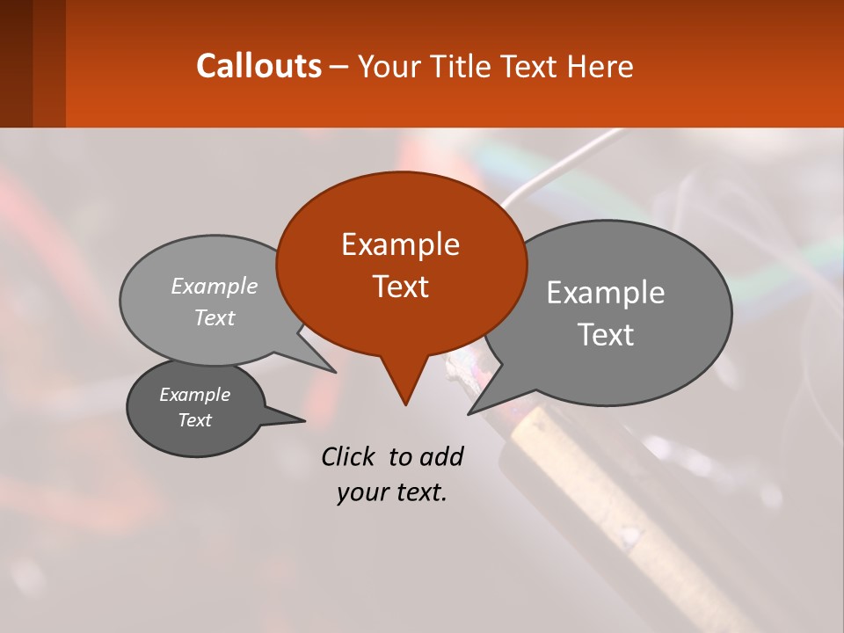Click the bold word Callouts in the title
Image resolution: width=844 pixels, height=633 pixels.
(x=258, y=66)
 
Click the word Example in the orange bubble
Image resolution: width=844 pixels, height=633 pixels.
(x=400, y=244)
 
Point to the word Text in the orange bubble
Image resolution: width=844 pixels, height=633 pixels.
(x=400, y=286)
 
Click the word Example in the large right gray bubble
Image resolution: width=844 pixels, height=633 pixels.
(x=606, y=293)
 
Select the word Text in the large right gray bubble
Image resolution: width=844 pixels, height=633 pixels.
(x=606, y=334)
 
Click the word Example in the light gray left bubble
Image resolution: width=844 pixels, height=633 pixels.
(x=215, y=286)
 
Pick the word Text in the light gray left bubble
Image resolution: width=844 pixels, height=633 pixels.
(x=215, y=317)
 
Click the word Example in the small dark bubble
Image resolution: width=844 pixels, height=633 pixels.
(x=194, y=395)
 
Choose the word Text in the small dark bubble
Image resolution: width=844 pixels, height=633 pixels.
(x=194, y=420)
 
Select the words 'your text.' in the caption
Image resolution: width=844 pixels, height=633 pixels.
(x=392, y=492)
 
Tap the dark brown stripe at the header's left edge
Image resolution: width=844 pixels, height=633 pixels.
(x=17, y=63)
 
